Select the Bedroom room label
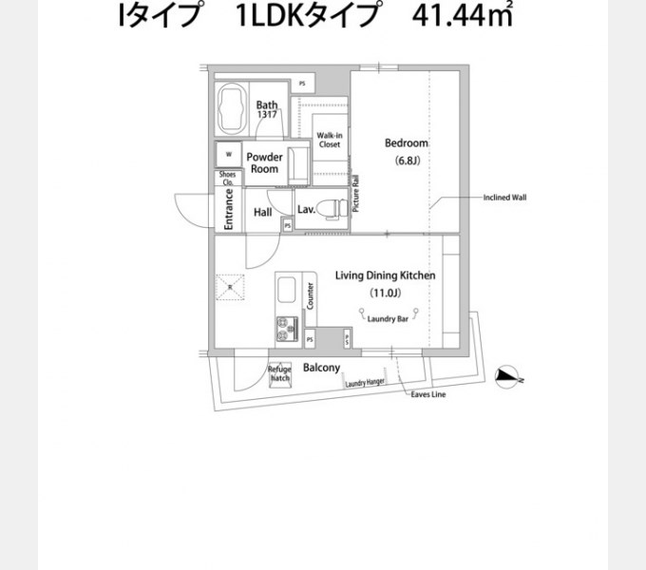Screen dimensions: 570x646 (x=406, y=143)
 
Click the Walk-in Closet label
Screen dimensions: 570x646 (x=330, y=141)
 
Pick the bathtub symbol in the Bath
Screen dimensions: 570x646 (x=232, y=109)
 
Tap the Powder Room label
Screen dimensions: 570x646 (x=264, y=162)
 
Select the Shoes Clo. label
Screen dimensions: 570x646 (x=228, y=179)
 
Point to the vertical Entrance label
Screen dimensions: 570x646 (x=229, y=208)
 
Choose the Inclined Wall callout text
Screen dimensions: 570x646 (x=504, y=199)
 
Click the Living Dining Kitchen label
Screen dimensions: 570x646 (x=385, y=275)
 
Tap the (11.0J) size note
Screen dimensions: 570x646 (x=385, y=292)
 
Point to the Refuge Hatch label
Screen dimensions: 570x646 (x=279, y=373)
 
